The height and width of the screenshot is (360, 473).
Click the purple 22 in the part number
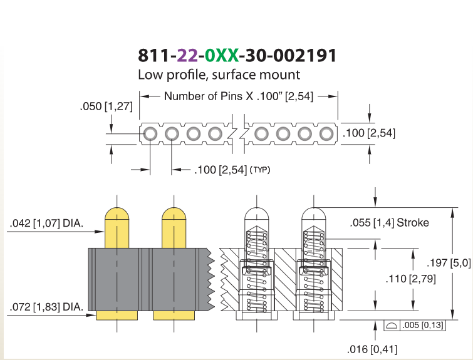click(x=187, y=55)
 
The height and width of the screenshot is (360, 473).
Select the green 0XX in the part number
click(x=222, y=55)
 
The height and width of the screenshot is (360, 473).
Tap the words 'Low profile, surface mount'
click(x=219, y=75)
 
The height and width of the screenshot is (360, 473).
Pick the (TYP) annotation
click(x=260, y=170)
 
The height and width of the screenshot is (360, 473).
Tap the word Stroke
click(x=413, y=222)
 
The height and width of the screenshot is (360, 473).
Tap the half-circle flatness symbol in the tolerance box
click(x=392, y=326)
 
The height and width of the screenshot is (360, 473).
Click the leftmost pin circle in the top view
click(x=150, y=133)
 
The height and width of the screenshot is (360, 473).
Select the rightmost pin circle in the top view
click(x=326, y=133)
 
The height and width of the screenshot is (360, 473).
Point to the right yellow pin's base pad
click(x=174, y=316)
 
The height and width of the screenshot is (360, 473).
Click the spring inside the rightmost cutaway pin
click(x=314, y=270)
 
